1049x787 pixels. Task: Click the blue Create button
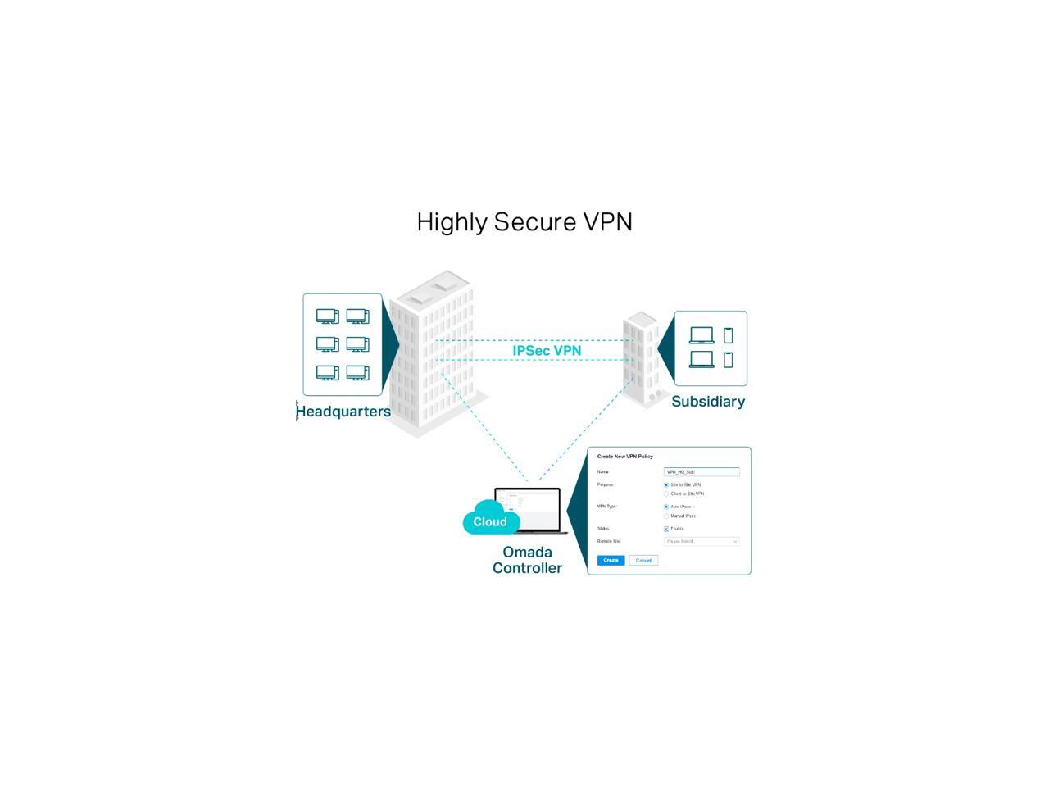coord(611,561)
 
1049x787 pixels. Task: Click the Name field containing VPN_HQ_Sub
coord(702,472)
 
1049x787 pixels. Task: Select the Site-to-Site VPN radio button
coord(666,485)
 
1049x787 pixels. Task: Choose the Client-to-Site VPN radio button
coord(666,494)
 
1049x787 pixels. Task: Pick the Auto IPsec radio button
coord(666,507)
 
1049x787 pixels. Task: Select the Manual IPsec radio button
coord(666,516)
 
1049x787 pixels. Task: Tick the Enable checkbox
coord(666,529)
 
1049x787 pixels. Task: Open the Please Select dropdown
coord(702,542)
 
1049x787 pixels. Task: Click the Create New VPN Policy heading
coord(625,457)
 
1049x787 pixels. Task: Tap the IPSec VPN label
coord(547,351)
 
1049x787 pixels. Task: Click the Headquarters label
coord(343,412)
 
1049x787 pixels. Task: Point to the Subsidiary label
coord(708,402)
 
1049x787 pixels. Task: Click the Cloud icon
coord(490,521)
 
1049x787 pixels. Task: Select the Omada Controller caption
coord(527,560)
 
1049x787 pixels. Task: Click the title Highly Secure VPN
coord(524,222)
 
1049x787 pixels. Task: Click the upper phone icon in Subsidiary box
coord(728,335)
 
